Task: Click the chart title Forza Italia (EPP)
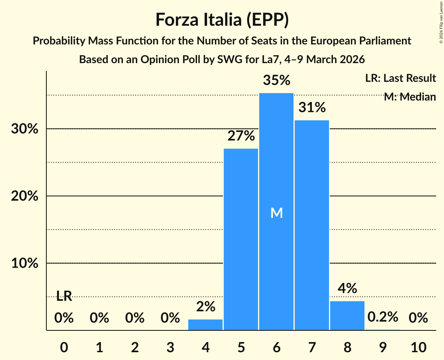[x=222, y=20]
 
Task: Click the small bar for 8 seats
[x=347, y=316]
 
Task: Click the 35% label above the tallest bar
[x=276, y=81]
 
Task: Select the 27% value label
[x=241, y=136]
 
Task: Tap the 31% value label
[x=312, y=108]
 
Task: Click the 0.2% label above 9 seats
[x=382, y=317]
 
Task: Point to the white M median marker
[x=276, y=213]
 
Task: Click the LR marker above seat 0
[x=64, y=296]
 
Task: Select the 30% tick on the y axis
[x=25, y=129]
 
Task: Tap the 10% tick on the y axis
[x=25, y=263]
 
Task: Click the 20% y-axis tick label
[x=25, y=196]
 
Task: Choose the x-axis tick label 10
[x=418, y=346]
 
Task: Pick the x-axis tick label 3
[x=170, y=346]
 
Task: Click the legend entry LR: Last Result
[x=400, y=78]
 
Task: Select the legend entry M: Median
[x=409, y=97]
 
